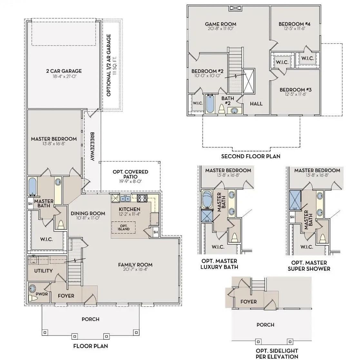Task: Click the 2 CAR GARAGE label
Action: tap(64, 71)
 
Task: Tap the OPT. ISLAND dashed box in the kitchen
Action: tap(123, 228)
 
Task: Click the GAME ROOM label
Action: tap(220, 24)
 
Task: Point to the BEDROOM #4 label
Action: tap(295, 24)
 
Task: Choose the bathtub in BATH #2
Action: tap(210, 104)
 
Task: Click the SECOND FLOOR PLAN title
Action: tap(251, 156)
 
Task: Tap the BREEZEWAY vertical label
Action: tap(92, 147)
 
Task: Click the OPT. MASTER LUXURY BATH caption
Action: tap(219, 264)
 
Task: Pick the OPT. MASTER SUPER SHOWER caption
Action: tap(309, 266)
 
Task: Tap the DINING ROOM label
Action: tap(88, 213)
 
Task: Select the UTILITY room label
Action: tap(43, 271)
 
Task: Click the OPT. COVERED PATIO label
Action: tap(130, 174)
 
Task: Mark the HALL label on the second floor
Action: tap(256, 104)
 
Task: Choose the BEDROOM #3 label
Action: tap(296, 90)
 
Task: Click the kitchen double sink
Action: tap(125, 198)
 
